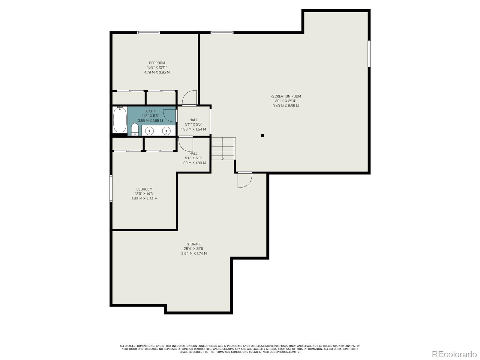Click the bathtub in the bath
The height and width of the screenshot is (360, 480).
tap(120, 119)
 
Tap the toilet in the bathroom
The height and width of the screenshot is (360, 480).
tap(135, 129)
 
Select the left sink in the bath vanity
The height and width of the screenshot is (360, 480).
tap(150, 131)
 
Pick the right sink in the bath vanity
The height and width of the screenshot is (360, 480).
tap(166, 131)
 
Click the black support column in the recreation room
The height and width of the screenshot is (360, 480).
tap(262, 136)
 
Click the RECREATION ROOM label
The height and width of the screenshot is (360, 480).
tap(286, 96)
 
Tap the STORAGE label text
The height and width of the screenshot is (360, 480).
tap(194, 244)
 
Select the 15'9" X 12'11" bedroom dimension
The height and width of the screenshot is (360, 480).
tap(157, 67)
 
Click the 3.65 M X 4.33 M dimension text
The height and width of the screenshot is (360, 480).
tap(144, 199)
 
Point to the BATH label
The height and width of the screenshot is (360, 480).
tap(150, 111)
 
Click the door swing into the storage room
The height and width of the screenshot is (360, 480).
tap(245, 180)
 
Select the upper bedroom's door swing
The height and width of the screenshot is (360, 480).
tap(190, 98)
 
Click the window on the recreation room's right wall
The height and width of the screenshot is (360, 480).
tap(369, 54)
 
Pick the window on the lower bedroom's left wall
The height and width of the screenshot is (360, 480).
tap(111, 188)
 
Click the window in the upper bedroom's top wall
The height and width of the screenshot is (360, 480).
tap(149, 33)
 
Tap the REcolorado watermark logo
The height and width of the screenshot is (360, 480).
tap(454, 354)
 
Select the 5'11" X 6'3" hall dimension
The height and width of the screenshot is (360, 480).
tap(193, 158)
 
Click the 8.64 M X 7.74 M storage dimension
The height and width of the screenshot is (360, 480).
tap(194, 253)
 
